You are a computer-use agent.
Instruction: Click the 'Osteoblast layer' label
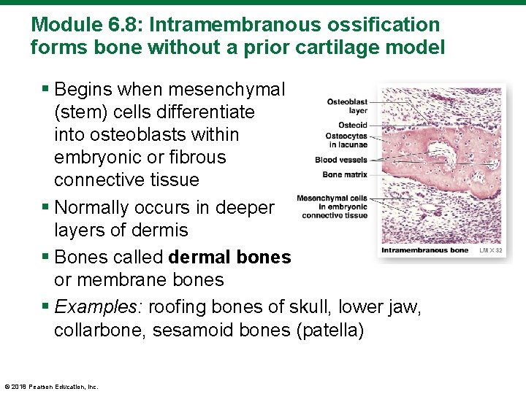[x=346, y=107]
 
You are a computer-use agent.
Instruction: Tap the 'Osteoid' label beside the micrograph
[x=352, y=125]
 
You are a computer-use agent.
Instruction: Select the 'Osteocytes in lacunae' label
[x=346, y=139]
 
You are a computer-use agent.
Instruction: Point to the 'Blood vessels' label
[x=340, y=160]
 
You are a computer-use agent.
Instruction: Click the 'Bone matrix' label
[x=344, y=174]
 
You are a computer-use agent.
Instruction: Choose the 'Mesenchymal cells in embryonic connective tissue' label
[x=332, y=206]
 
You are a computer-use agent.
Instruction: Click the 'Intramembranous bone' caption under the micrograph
[x=425, y=250]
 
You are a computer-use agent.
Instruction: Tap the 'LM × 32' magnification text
[x=491, y=250]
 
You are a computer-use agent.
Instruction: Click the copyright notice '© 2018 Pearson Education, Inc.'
[x=50, y=387]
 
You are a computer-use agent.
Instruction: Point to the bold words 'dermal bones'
[x=229, y=258]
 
